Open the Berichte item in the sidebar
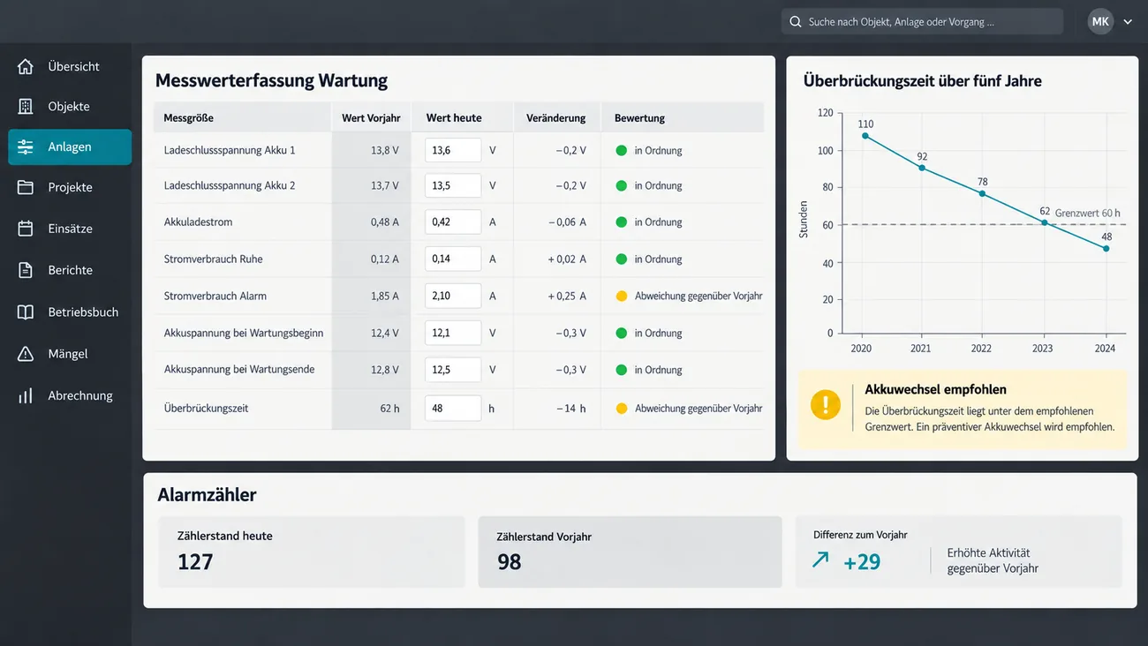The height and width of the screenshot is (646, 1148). [x=70, y=270]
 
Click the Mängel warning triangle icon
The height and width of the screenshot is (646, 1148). [x=25, y=354]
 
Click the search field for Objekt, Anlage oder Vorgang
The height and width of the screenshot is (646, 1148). [x=922, y=21]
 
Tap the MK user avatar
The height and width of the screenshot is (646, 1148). [x=1099, y=21]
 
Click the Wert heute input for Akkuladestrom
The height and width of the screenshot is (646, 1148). [x=453, y=222]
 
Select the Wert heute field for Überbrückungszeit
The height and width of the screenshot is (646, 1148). [x=453, y=409]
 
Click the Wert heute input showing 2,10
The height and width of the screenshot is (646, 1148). [x=453, y=296]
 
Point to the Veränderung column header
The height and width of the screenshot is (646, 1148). [x=555, y=118]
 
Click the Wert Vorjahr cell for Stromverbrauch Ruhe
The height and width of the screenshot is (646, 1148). [x=384, y=259]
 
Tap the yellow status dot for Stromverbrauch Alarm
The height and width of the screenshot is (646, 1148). [x=621, y=296]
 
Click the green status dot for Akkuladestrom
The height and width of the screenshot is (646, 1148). [x=621, y=222]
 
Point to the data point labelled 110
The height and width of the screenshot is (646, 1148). [x=865, y=136]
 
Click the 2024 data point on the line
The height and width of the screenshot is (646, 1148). [x=1106, y=249]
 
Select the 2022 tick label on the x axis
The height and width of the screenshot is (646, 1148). [x=981, y=349]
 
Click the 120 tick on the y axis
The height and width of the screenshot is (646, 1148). [x=825, y=113]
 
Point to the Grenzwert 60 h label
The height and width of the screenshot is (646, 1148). [x=1088, y=213]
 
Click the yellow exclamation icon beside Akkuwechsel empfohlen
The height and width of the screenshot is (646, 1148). [x=825, y=405]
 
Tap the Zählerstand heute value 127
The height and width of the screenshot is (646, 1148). [x=195, y=562]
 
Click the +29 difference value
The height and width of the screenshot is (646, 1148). [x=862, y=562]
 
